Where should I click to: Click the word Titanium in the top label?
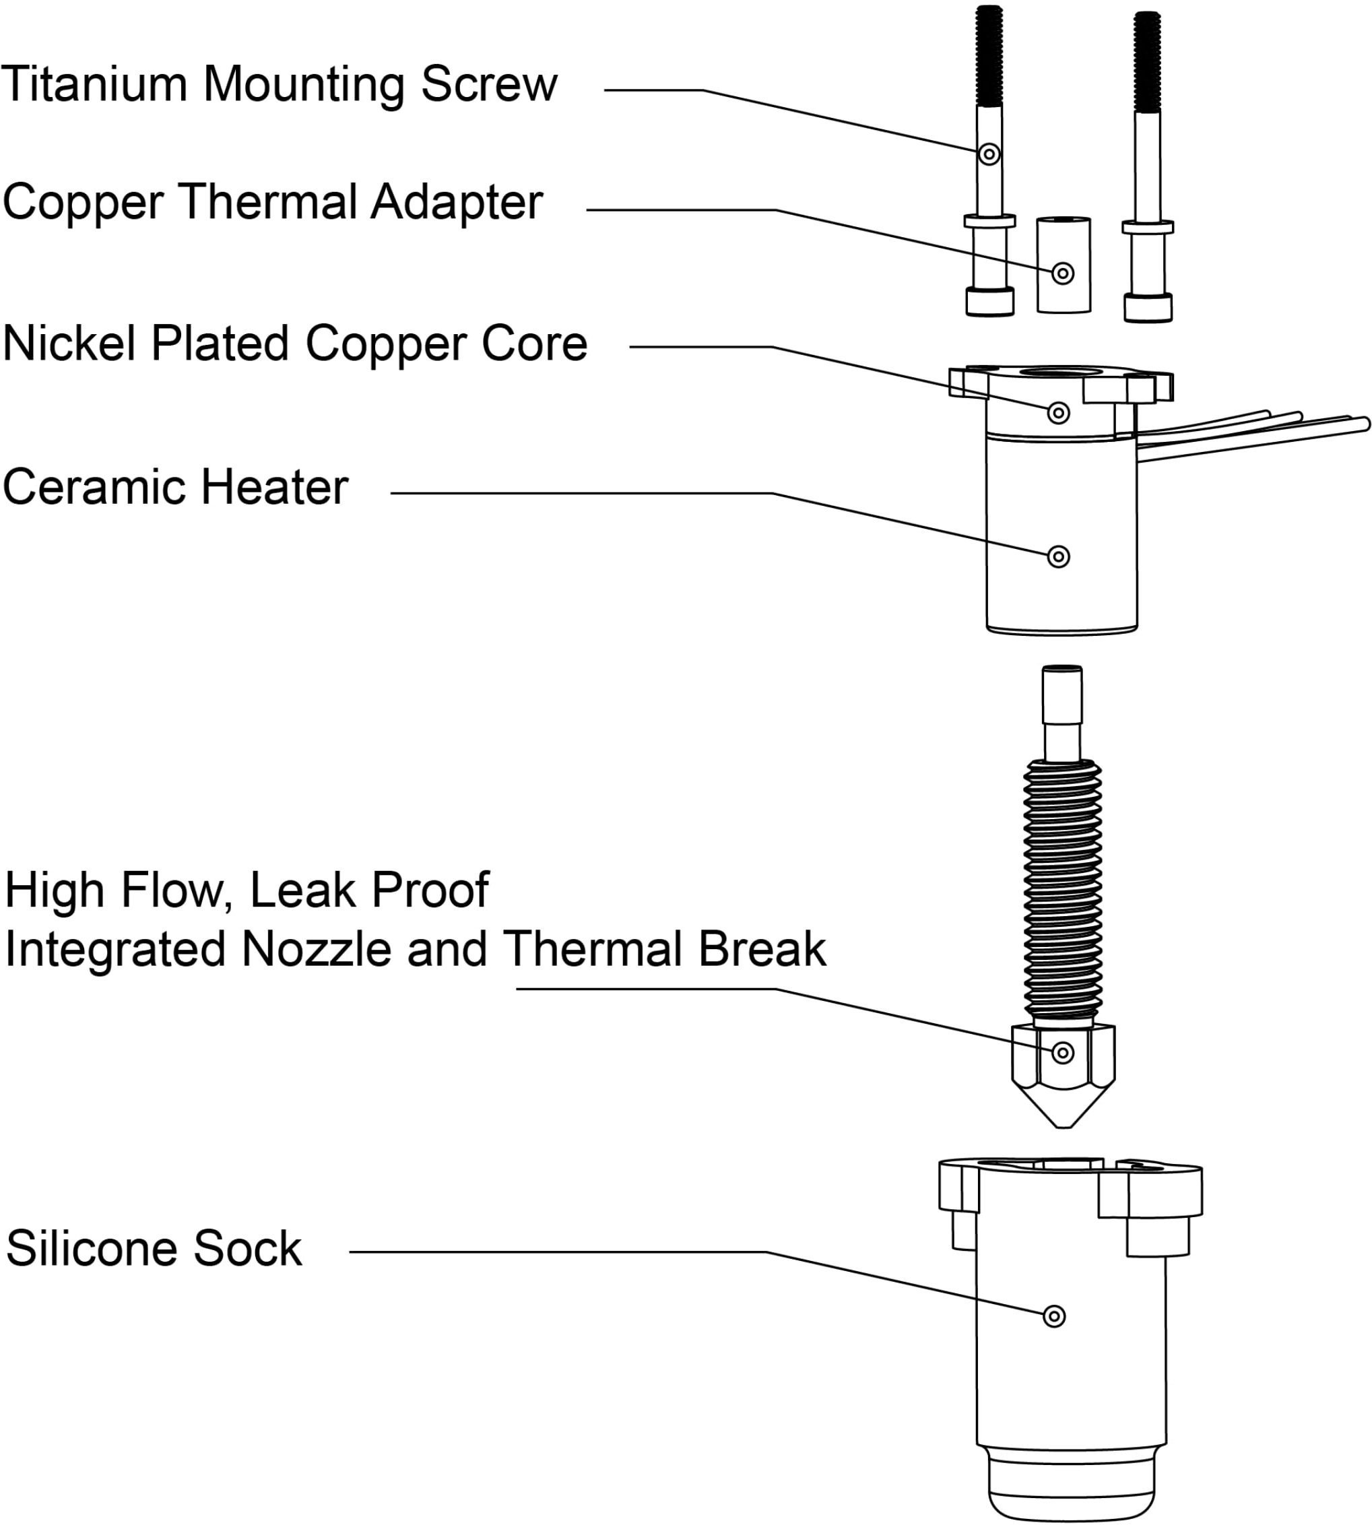click(x=94, y=84)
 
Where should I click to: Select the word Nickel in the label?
click(x=70, y=344)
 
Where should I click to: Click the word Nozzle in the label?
click(x=317, y=949)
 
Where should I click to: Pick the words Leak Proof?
click(x=369, y=890)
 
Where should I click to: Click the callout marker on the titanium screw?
click(x=989, y=154)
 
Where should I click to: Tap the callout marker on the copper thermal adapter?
click(x=1063, y=273)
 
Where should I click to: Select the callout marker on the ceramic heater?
click(x=1058, y=557)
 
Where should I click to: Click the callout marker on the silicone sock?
click(x=1054, y=1316)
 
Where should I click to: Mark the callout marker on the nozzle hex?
click(x=1063, y=1052)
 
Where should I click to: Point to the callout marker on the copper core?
click(x=1058, y=413)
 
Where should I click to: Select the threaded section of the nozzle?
click(x=1063, y=890)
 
